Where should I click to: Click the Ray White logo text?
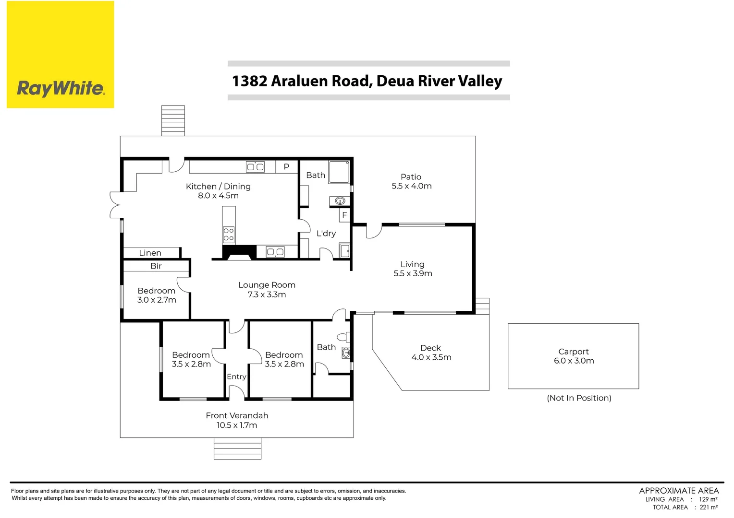click(61, 88)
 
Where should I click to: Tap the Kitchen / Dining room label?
click(218, 187)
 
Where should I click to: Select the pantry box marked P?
click(286, 167)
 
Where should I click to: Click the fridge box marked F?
click(344, 215)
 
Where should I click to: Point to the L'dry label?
click(326, 234)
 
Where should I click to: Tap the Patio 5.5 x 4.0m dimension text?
click(412, 186)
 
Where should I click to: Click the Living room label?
click(413, 264)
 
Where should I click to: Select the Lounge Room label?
click(267, 285)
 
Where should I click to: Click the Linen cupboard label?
click(150, 253)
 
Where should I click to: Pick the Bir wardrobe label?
click(156, 266)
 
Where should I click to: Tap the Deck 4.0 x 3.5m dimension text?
click(431, 357)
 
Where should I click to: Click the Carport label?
click(574, 352)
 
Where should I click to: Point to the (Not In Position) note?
click(579, 398)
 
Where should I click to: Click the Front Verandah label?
click(237, 416)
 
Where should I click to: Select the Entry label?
click(236, 377)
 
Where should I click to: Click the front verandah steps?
click(237, 448)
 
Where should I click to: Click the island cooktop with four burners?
click(229, 235)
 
